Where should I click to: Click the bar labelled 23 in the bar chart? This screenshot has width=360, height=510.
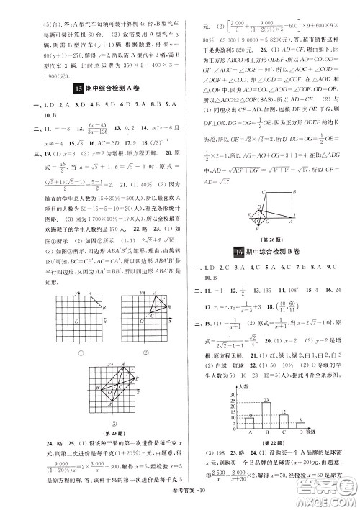(x=246, y=419)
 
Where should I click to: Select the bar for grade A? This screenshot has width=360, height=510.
(x=229, y=431)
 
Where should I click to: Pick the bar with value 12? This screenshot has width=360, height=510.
(x=263, y=429)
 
